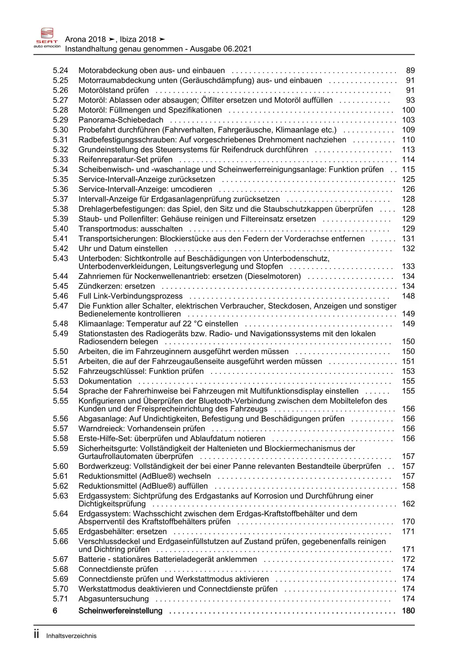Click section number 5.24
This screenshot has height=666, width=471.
coord(60,71)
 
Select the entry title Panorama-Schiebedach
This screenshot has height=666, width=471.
coord(121,120)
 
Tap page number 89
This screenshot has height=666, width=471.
coord(410,71)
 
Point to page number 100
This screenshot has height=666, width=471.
coord(408,110)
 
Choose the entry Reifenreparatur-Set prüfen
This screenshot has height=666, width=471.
coord(125,160)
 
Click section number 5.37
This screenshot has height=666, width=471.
coord(60,199)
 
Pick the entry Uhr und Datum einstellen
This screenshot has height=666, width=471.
coord(123,248)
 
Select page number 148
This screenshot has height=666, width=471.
coord(408,296)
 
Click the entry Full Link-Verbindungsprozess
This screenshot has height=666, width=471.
coord(130,296)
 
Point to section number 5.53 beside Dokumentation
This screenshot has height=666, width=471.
coord(60,381)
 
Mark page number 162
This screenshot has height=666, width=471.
coord(408,504)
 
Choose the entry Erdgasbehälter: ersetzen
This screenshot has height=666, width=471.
coord(122,532)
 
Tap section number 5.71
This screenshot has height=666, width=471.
coord(60,599)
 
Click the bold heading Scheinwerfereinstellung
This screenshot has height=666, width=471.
coord(120,611)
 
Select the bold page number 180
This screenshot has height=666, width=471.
coord(408,611)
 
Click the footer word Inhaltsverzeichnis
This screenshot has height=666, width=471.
coord(71,636)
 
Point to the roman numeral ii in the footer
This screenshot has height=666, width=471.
coord(36,634)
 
